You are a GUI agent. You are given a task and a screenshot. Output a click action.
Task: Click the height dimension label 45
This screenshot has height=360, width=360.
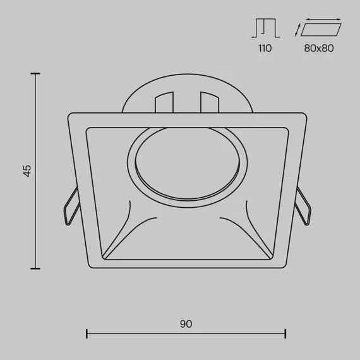pyautogui.click(x=27, y=171)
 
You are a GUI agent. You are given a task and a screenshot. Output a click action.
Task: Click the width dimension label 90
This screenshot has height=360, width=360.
pyautogui.click(x=186, y=324)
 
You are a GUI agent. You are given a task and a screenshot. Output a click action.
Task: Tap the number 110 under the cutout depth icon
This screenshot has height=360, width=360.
pyautogui.click(x=265, y=48)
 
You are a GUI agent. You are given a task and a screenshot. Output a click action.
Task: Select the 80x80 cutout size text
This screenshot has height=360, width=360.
pyautogui.click(x=319, y=48)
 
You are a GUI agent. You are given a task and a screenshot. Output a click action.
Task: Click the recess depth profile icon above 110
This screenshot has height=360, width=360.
pyautogui.click(x=266, y=28)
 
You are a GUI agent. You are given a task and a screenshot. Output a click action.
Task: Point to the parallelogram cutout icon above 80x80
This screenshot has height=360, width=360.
pyautogui.click(x=321, y=30)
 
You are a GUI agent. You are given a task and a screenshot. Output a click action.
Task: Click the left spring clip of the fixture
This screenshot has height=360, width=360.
pyautogui.click(x=71, y=206)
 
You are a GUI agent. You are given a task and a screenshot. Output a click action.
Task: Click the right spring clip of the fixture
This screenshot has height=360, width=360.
pyautogui.click(x=303, y=206)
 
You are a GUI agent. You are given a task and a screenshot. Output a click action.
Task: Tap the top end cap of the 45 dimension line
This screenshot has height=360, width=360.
pyautogui.click(x=35, y=73)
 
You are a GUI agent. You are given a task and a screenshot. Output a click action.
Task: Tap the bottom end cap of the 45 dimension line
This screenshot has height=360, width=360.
pyautogui.click(x=35, y=268)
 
